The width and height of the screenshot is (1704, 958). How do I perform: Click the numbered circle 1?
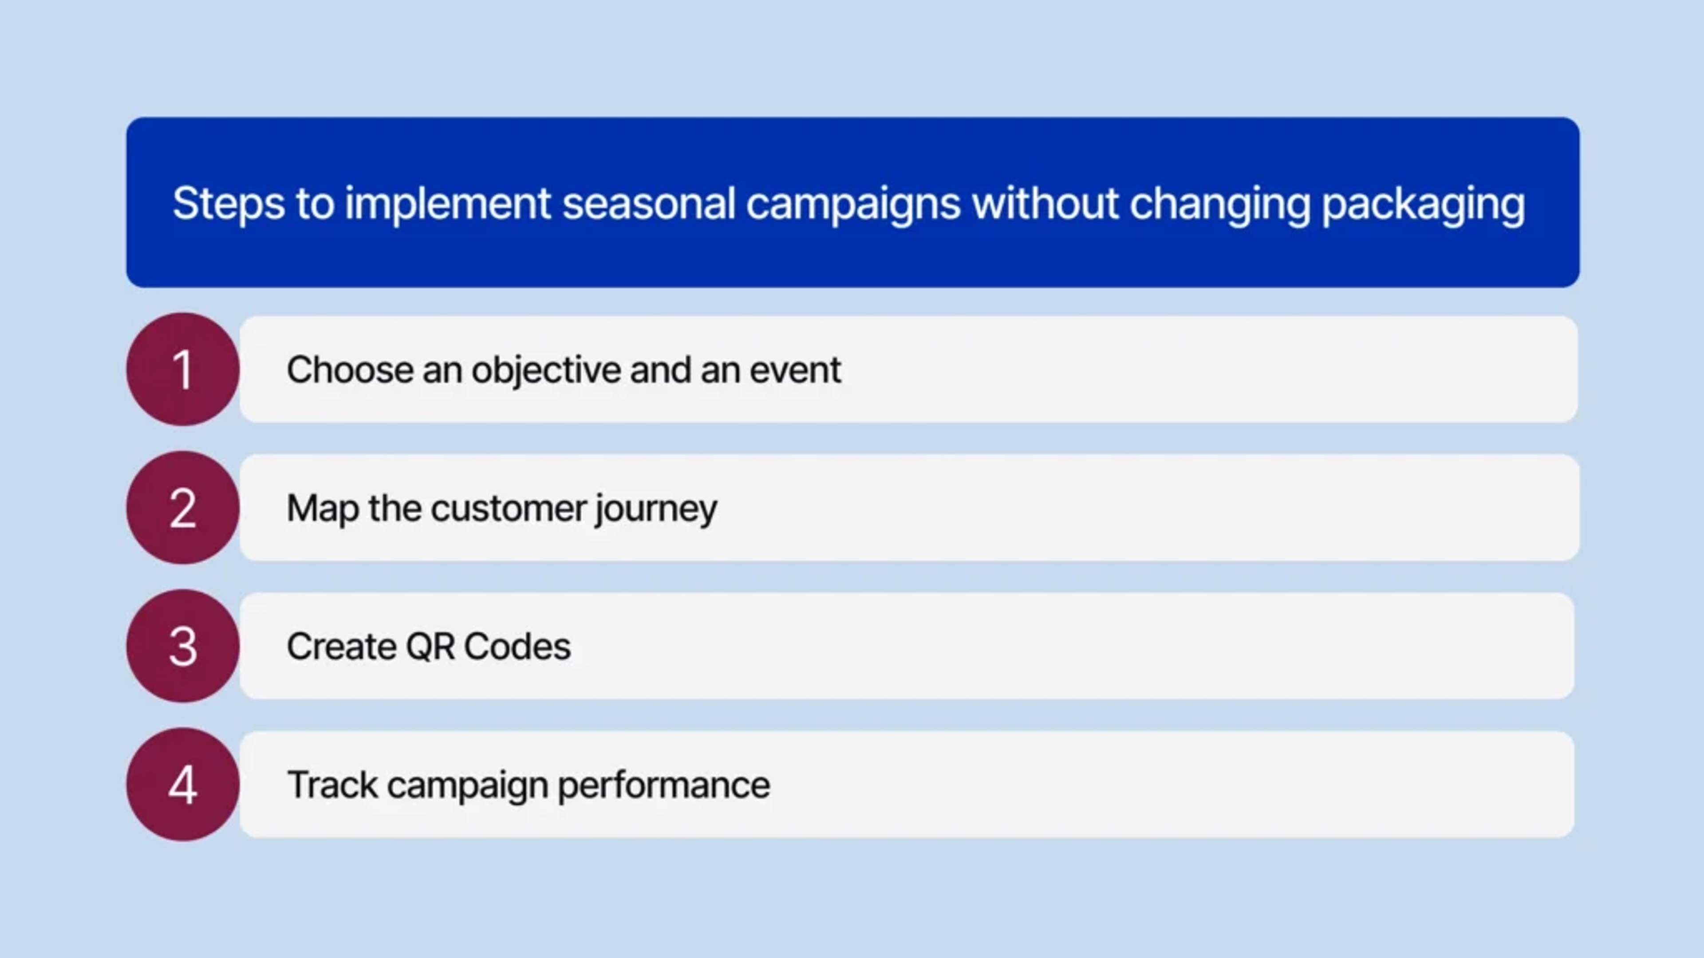pyautogui.click(x=182, y=369)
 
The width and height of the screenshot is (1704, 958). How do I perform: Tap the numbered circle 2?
pyautogui.click(x=182, y=508)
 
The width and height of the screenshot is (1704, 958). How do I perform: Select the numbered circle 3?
pyautogui.click(x=182, y=646)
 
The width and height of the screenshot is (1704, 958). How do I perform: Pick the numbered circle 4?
pyautogui.click(x=182, y=785)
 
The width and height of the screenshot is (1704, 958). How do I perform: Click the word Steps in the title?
pyautogui.click(x=228, y=203)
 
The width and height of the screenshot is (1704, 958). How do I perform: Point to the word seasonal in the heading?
pyautogui.click(x=648, y=203)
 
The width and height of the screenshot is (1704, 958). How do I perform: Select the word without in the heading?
pyautogui.click(x=1045, y=203)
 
